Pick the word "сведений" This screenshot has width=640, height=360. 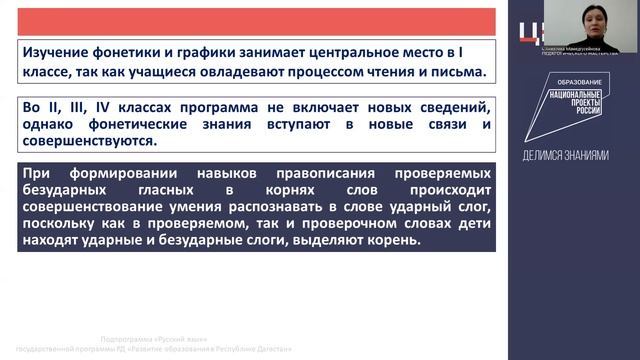coord(448,106)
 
